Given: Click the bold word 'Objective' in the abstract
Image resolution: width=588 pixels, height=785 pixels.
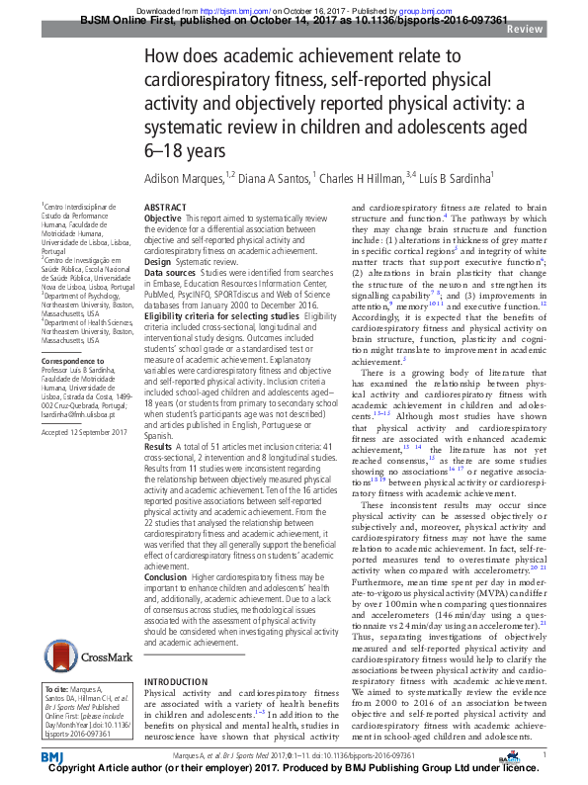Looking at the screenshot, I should [x=163, y=218].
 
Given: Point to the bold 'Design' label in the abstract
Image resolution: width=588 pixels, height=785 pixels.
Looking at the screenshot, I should [x=159, y=261].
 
